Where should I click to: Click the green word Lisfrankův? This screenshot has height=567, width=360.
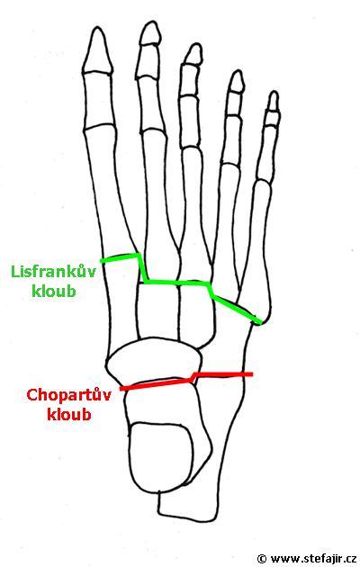tap(53, 272)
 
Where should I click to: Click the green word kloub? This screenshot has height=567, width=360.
tap(54, 291)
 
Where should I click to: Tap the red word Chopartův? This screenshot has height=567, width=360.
tap(68, 394)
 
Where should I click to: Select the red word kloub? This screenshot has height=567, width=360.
tap(69, 414)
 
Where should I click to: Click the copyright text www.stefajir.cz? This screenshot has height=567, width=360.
tap(313, 559)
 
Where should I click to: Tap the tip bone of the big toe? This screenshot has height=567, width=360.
tap(96, 50)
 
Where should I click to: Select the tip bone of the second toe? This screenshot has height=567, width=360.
tap(150, 33)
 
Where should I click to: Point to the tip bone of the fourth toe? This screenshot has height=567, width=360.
tap(237, 81)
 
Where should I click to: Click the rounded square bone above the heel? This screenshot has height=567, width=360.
tap(162, 454)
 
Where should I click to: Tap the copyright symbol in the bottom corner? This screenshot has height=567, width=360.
tap(262, 559)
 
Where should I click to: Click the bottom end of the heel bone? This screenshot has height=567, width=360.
tap(188, 517)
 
